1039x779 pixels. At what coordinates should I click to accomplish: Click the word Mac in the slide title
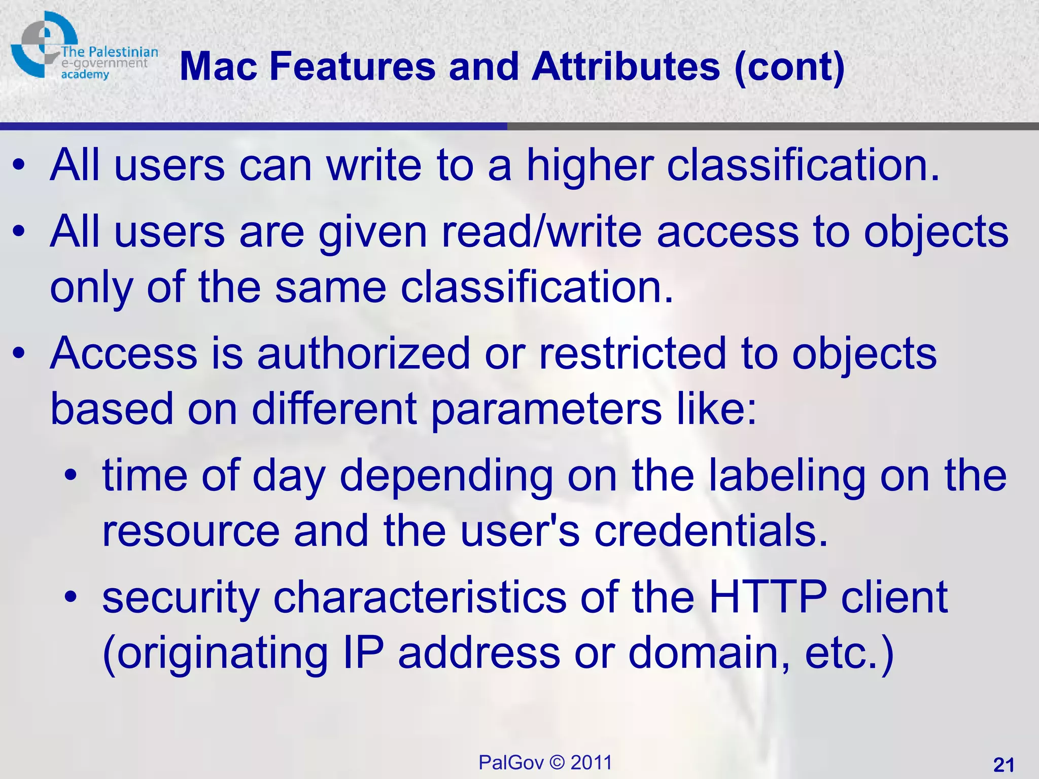click(x=219, y=67)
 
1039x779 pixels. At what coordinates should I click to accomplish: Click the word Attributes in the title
click(x=626, y=67)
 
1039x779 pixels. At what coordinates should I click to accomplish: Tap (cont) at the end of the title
click(x=789, y=68)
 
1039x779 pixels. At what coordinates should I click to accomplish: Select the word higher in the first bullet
click(x=590, y=166)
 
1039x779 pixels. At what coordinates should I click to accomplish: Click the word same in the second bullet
click(x=330, y=288)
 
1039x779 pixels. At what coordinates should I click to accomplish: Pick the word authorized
click(x=363, y=353)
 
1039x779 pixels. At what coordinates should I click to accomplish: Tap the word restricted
click(x=632, y=353)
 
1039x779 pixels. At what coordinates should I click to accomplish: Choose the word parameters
click(x=546, y=409)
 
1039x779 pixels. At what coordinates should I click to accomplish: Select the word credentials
click(x=711, y=531)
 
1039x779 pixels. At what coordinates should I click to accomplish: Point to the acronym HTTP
click(x=768, y=597)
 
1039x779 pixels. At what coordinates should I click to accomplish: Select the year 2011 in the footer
click(x=591, y=762)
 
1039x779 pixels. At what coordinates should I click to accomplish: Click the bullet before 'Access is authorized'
click(x=19, y=353)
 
